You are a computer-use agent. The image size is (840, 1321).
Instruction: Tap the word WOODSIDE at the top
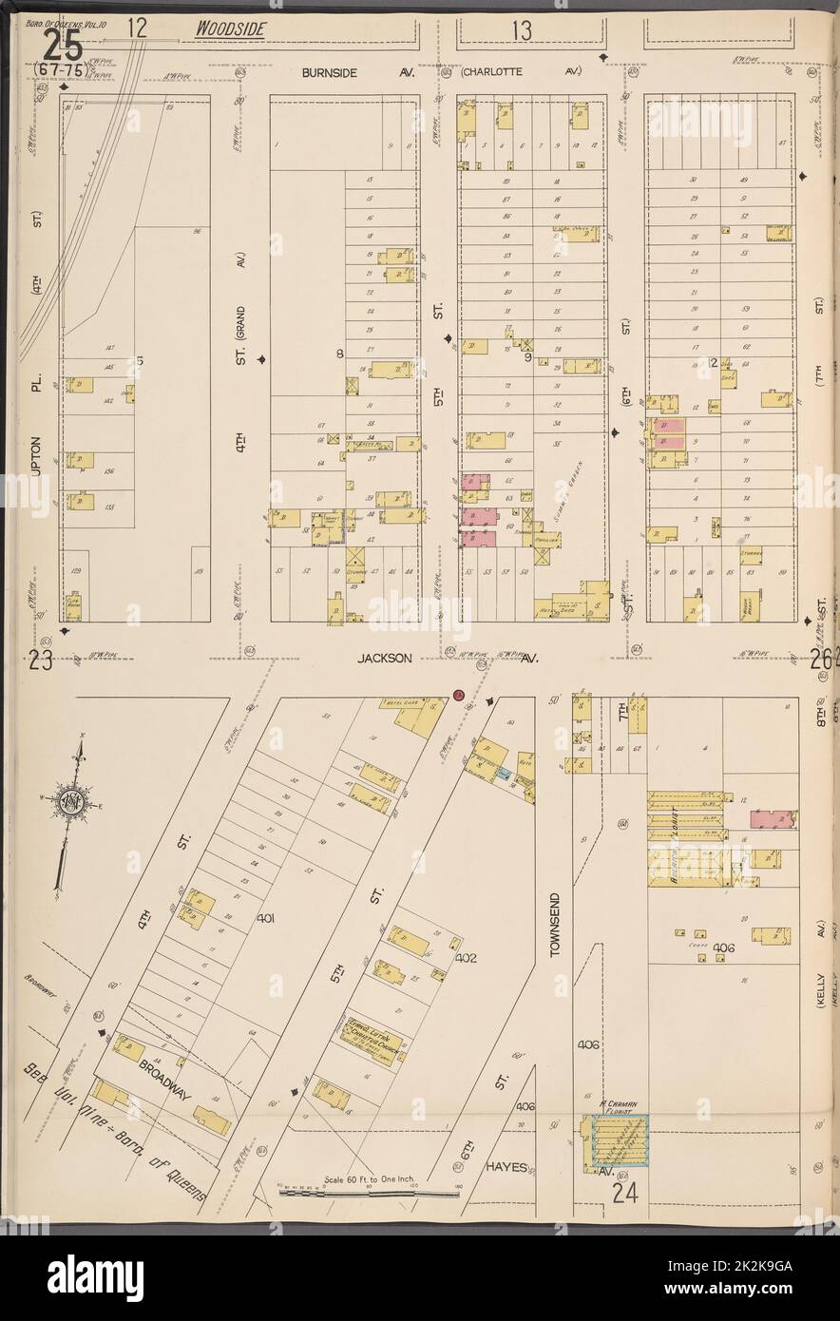pos(228,30)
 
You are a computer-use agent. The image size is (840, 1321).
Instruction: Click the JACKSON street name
pos(383,657)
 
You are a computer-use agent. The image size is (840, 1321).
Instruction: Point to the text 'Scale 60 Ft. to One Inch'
pos(373,1178)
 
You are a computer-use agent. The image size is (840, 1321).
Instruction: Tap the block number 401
pos(265,919)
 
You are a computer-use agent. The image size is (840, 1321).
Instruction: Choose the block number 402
pos(465,959)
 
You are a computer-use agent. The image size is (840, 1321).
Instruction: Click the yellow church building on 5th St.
pos(372,1042)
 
